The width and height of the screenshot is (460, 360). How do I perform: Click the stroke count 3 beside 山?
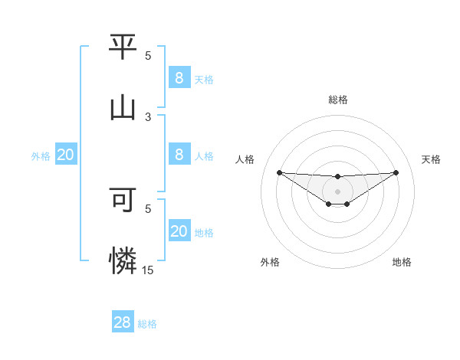[x=148, y=116]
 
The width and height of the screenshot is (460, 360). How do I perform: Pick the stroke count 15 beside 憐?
[x=148, y=270]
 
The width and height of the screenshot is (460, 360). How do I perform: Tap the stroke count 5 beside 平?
[x=148, y=56]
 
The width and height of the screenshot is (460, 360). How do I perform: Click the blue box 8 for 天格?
[x=179, y=77]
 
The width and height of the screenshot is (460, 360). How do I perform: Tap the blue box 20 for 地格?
[x=179, y=231]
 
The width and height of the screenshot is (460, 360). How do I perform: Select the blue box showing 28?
[x=122, y=322]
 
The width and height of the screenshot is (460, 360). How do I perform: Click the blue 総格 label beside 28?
[x=147, y=324]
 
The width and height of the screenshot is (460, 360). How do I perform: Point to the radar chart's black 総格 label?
[x=337, y=100]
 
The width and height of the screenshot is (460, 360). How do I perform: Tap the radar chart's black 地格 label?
[x=402, y=262]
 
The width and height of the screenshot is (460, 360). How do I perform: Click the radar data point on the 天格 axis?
[x=396, y=172]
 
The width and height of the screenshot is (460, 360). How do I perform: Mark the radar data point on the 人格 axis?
[x=279, y=172]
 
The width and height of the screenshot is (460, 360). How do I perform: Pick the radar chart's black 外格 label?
[x=270, y=262]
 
